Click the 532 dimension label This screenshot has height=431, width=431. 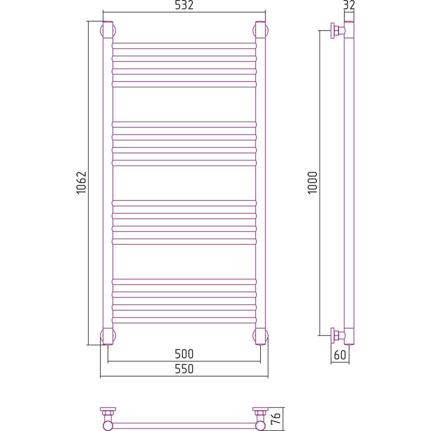[x=184, y=5]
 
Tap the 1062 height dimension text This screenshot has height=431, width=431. [x=81, y=183]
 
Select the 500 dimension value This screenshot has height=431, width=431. [x=184, y=354]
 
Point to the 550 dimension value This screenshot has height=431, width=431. [x=184, y=369]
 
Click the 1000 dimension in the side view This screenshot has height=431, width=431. [x=312, y=183]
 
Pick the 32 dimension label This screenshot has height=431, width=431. [x=349, y=5]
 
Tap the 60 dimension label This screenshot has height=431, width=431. [x=340, y=355]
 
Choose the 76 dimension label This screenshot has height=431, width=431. [x=276, y=419]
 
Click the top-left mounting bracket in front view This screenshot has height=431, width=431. [x=107, y=30]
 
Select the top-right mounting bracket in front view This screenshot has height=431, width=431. [x=261, y=30]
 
